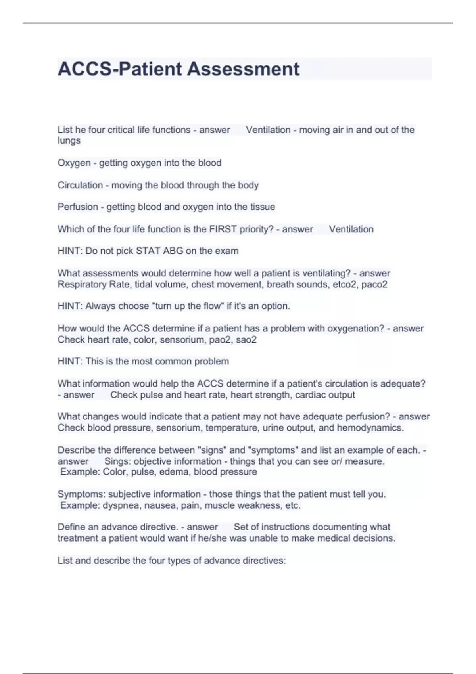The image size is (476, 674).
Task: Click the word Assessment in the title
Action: [243, 69]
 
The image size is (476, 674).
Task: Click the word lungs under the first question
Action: [69, 141]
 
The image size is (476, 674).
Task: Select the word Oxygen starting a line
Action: [74, 163]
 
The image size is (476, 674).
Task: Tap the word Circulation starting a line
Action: [80, 185]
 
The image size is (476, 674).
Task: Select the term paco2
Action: [374, 285]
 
